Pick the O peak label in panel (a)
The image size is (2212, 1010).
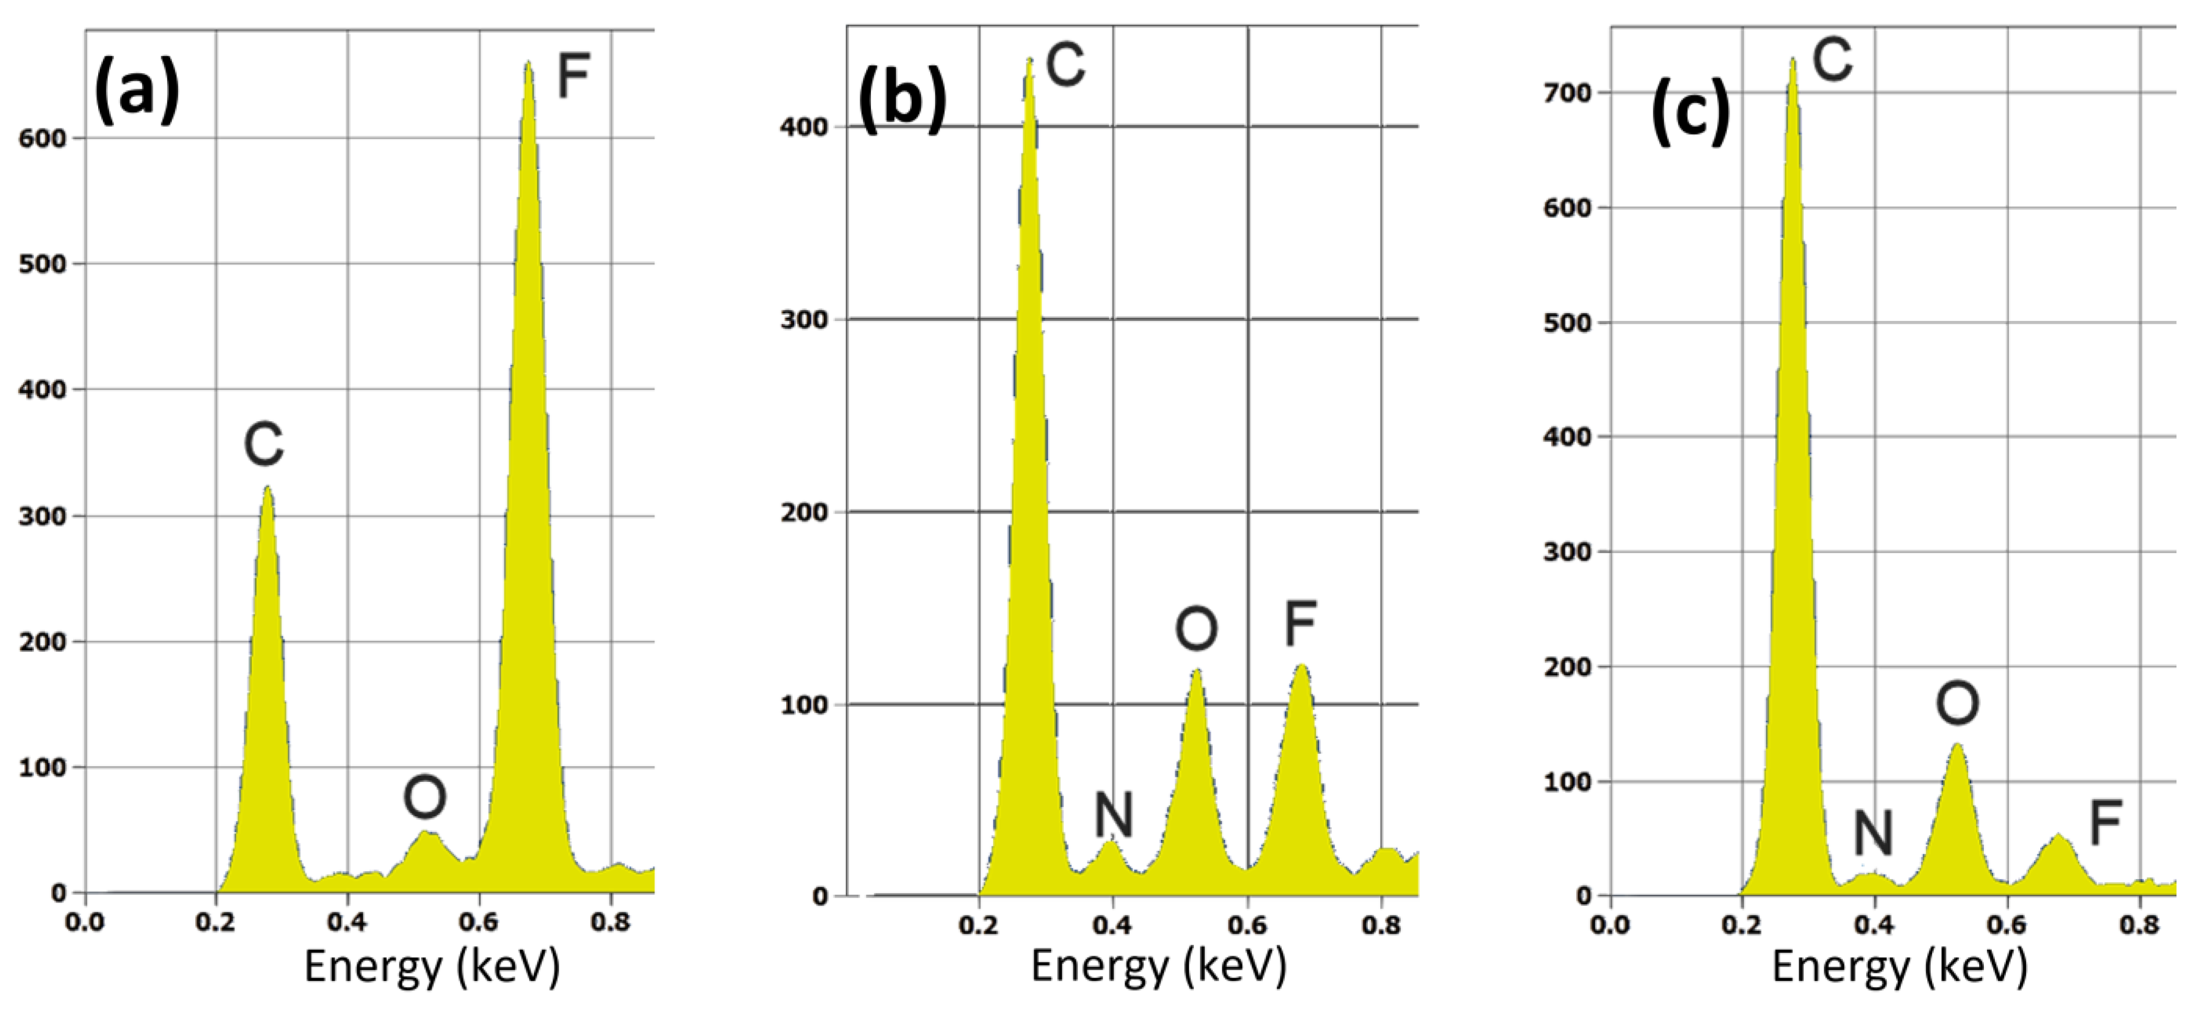pyautogui.click(x=425, y=797)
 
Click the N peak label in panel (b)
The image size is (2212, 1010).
pyautogui.click(x=1114, y=814)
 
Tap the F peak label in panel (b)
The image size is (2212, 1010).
pyautogui.click(x=1300, y=624)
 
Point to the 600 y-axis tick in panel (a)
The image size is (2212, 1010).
pyautogui.click(x=42, y=139)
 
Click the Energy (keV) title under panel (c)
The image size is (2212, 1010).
pyautogui.click(x=1899, y=967)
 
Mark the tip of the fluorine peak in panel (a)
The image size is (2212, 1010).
pyautogui.click(x=528, y=62)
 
